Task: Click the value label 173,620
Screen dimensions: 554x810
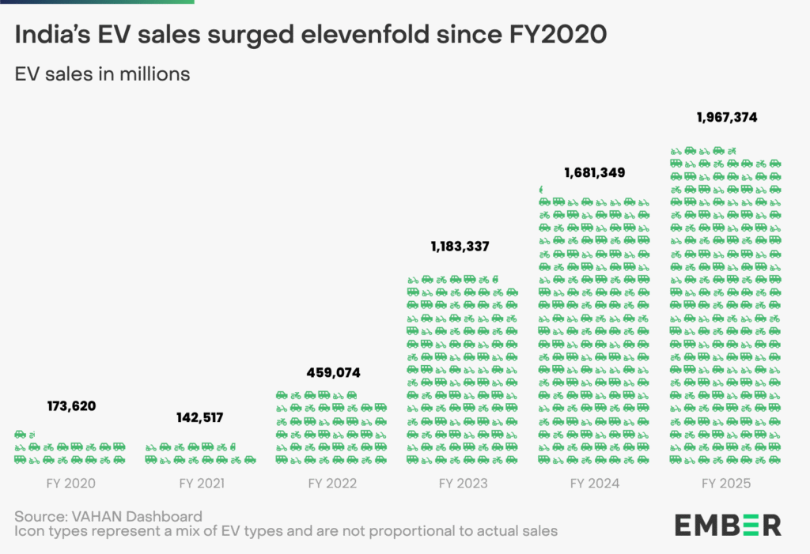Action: coord(71,406)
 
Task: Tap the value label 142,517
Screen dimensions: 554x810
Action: coord(199,417)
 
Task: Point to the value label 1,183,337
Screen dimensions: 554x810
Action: coord(460,247)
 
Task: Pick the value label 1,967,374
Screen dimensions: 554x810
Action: coord(727,117)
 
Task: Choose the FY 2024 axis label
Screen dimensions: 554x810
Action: coord(593,483)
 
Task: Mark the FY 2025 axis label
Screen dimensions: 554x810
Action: coord(725,483)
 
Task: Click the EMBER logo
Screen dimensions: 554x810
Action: coord(727,524)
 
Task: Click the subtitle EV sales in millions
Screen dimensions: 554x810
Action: coord(102,74)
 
